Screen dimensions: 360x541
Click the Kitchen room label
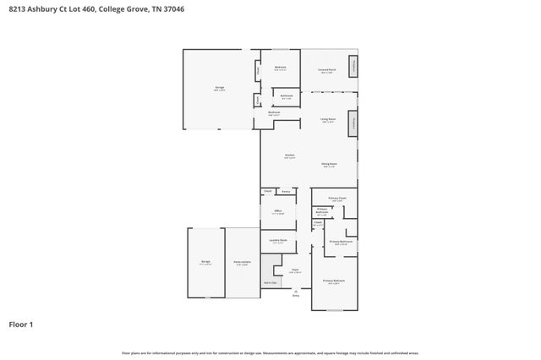click(289, 155)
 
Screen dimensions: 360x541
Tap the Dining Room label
click(329, 164)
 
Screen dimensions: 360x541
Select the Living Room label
click(328, 119)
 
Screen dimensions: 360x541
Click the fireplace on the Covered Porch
click(353, 67)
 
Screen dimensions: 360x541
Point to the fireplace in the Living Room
click(353, 122)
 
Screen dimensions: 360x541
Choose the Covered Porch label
click(326, 69)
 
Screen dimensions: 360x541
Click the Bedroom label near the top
click(280, 68)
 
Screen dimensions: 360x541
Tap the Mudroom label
click(274, 112)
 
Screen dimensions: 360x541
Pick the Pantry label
click(286, 192)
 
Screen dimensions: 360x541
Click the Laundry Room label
click(278, 240)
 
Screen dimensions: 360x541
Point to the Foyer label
click(295, 270)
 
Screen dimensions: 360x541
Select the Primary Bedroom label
click(334, 281)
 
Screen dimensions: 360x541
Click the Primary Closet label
click(337, 198)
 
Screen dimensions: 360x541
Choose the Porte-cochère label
click(242, 263)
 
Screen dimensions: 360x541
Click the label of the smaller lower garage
click(205, 262)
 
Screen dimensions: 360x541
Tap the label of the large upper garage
click(219, 88)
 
